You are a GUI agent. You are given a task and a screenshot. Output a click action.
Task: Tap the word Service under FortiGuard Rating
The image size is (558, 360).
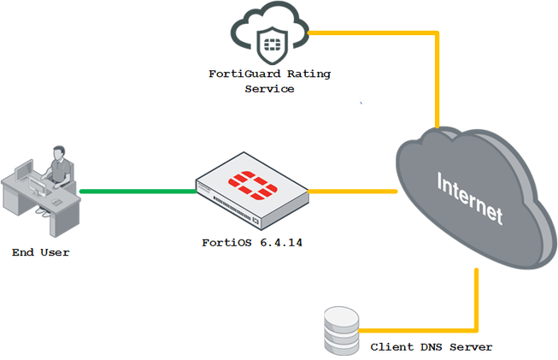[269, 88]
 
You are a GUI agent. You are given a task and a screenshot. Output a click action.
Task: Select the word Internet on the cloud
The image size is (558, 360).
[469, 198]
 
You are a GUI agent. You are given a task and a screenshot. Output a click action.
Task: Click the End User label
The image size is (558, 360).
[40, 252]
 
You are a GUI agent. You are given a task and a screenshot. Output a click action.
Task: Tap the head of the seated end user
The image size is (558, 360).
[58, 154]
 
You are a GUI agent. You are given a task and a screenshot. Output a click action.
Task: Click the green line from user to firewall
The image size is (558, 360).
[137, 191]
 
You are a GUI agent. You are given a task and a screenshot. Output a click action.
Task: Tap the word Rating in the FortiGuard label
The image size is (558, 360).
[308, 74]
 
